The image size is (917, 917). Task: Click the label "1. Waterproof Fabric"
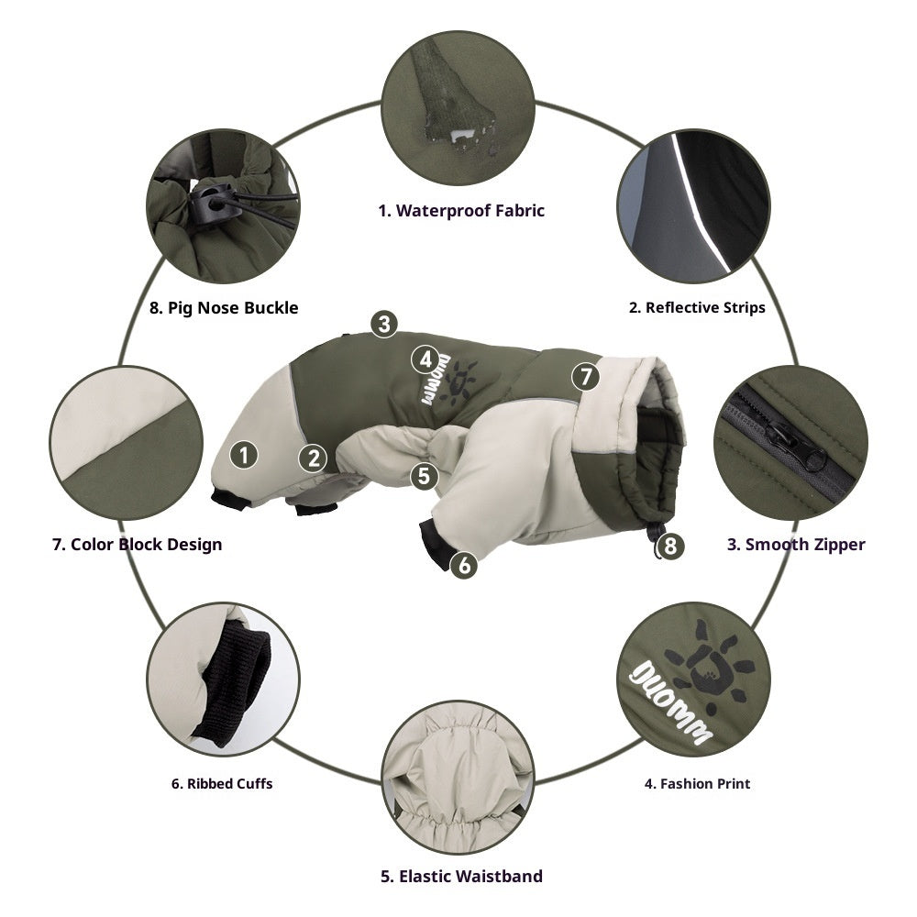click(x=461, y=211)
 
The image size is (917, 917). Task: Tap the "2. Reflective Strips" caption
click(x=697, y=307)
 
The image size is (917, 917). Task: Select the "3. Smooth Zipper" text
click(x=796, y=545)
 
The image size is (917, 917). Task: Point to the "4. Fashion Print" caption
click(x=697, y=783)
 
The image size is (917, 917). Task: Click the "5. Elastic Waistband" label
click(x=461, y=876)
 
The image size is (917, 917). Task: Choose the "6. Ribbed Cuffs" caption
click(x=221, y=783)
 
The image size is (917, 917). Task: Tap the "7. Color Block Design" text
click(x=137, y=545)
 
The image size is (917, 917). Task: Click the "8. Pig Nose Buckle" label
click(x=224, y=307)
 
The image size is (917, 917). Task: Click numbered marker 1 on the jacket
click(x=243, y=453)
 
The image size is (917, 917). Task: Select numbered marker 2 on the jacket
click(x=314, y=458)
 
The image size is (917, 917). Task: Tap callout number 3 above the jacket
click(x=384, y=323)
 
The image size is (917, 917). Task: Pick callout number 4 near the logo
click(x=425, y=358)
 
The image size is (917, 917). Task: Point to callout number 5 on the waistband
click(x=422, y=475)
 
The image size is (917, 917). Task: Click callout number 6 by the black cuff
click(x=465, y=565)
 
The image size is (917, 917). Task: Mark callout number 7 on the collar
click(x=585, y=375)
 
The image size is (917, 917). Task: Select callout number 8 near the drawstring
click(x=670, y=547)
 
